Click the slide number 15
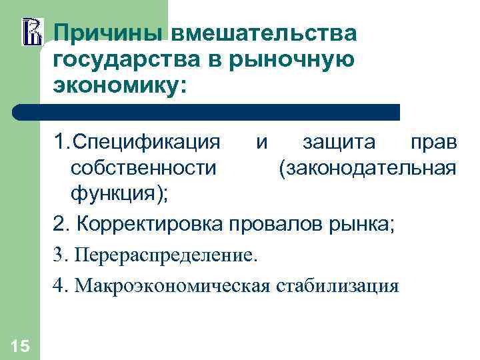point(20,345)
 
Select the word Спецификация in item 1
point(146,143)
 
